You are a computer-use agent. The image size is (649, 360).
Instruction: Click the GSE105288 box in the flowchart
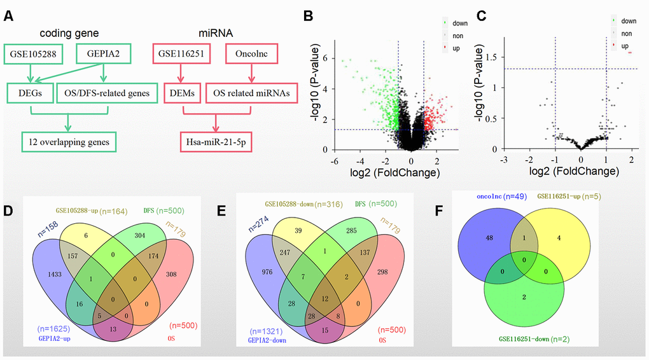(x=31, y=54)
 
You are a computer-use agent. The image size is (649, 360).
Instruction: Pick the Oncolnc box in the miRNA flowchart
(x=252, y=54)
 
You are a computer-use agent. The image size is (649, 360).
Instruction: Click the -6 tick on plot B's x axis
(x=333, y=160)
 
